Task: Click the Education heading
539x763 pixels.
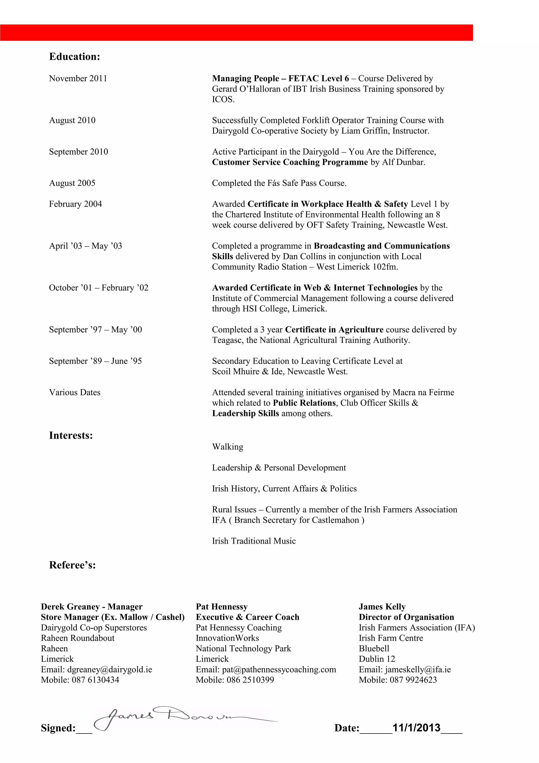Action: (74, 57)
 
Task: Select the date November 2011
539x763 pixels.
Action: (78, 78)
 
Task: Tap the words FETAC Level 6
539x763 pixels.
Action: (318, 78)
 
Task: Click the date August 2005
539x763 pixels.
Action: (72, 183)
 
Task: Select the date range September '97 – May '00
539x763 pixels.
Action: (95, 330)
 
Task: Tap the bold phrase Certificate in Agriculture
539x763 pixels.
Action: (334, 330)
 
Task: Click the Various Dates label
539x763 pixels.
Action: (75, 393)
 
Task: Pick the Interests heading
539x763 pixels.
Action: (71, 435)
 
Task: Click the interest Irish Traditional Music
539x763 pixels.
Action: (254, 541)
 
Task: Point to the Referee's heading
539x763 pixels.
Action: (72, 565)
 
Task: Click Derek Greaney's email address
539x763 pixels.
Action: (109, 669)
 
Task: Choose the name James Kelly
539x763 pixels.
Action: (382, 607)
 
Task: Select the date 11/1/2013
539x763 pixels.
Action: (416, 728)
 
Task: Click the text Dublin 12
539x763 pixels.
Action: (377, 659)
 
